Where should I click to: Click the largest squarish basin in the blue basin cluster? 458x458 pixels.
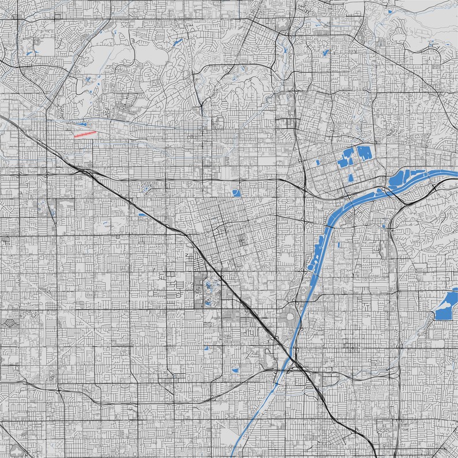365,153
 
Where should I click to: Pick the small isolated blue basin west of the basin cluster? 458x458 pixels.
320,162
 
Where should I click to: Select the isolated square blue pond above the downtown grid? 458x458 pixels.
235,193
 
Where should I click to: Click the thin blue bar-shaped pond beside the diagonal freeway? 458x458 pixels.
142,215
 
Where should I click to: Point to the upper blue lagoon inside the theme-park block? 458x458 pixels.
208,284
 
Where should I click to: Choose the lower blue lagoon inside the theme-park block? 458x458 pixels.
207,301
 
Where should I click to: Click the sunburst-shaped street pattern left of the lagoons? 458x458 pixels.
187,286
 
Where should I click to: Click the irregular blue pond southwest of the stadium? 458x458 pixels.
235,370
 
